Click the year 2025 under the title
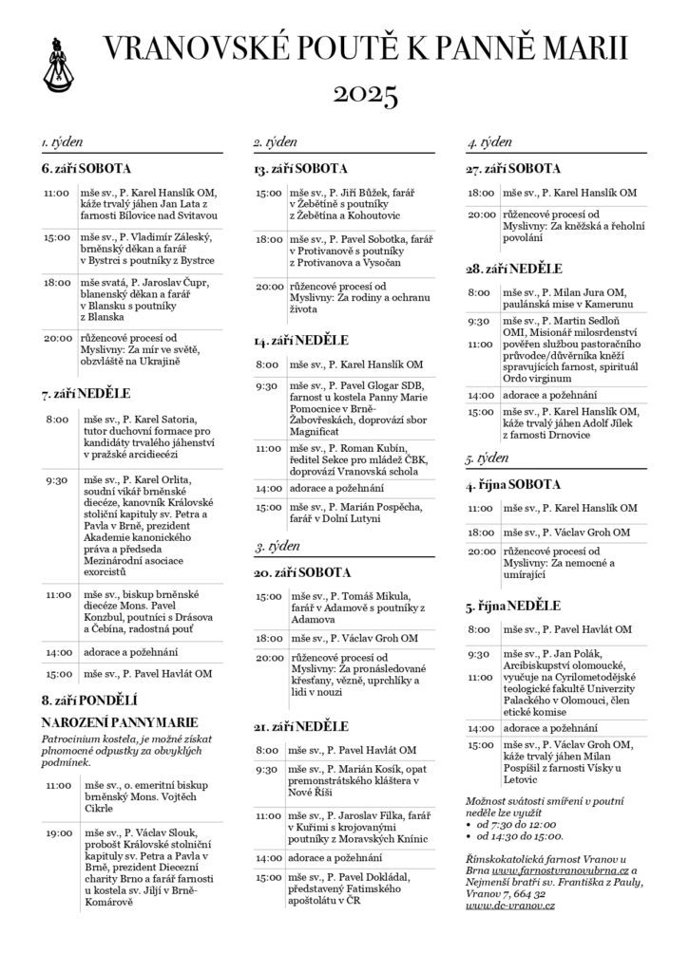(365, 94)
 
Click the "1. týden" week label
(62, 142)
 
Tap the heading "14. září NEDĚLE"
(300, 339)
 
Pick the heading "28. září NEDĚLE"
(514, 269)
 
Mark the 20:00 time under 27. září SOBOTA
(482, 215)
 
